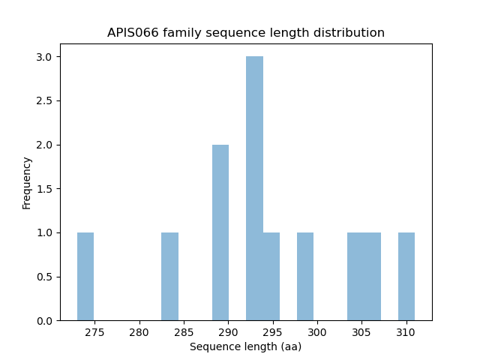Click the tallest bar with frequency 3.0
coord(254,188)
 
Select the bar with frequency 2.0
coord(220,232)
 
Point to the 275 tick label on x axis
coord(94,331)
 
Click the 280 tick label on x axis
coord(139,331)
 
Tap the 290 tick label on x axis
coord(228,331)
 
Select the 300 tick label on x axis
coord(317,331)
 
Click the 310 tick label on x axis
coord(406,331)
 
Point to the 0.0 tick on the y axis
coord(45,321)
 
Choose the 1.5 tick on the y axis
coord(45,189)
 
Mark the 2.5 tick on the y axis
coord(45,101)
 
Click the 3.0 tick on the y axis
coord(45,57)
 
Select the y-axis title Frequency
coord(27,182)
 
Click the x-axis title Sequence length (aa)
coord(245,346)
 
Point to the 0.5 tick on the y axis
coord(45,277)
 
